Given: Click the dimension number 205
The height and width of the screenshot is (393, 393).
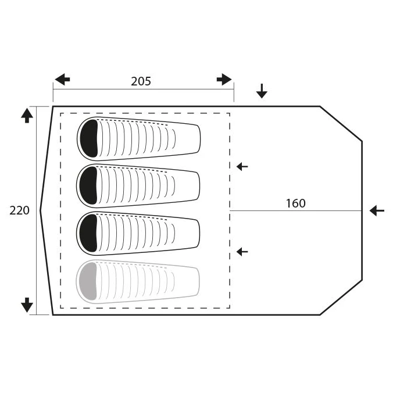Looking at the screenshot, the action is click(141, 81).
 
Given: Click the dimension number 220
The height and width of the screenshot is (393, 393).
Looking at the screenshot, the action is click(19, 210).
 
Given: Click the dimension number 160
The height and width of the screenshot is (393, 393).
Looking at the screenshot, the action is click(296, 203).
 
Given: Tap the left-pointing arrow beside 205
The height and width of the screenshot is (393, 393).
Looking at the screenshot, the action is click(62, 80).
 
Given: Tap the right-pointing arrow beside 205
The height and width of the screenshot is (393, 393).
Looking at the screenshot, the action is click(224, 80).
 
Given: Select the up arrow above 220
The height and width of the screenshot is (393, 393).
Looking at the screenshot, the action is click(27, 116).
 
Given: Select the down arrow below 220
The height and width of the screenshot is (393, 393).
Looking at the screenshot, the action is click(27, 305).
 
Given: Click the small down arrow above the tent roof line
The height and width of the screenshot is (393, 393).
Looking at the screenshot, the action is click(262, 91).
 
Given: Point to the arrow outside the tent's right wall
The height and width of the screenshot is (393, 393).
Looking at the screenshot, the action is click(377, 210).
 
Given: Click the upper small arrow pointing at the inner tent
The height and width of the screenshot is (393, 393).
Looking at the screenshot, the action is click(242, 166).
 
